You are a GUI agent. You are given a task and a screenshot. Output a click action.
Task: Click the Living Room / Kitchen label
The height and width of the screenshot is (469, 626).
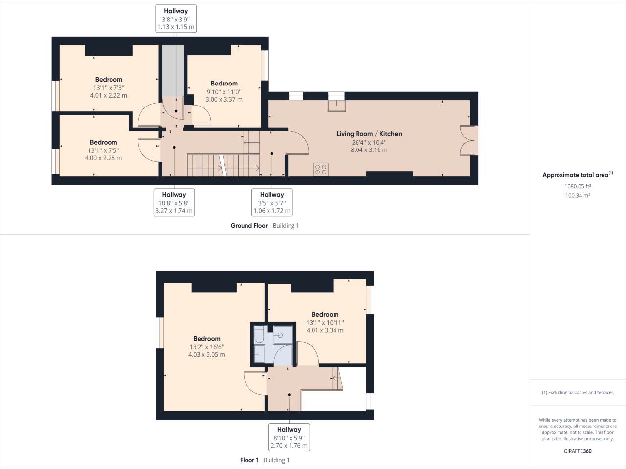369,134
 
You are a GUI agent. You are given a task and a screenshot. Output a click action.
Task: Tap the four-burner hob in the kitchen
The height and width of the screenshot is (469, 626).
321,169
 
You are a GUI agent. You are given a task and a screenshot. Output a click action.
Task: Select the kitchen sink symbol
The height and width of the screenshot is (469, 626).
336,103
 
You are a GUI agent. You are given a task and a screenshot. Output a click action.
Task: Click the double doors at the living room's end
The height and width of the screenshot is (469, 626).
467,141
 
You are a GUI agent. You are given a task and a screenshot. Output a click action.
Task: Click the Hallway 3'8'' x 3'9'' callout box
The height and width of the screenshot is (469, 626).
176,19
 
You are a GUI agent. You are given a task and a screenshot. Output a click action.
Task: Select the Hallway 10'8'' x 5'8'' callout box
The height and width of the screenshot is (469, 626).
174,203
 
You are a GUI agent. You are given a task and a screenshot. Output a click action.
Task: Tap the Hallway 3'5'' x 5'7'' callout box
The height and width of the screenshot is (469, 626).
271,203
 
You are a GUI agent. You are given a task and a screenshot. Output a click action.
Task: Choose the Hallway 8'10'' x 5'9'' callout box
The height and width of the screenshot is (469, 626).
289,437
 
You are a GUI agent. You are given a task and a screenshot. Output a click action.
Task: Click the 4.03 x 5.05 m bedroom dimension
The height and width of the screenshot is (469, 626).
206,355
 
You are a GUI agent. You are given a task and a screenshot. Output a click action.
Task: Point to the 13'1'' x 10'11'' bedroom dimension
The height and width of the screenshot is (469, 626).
325,322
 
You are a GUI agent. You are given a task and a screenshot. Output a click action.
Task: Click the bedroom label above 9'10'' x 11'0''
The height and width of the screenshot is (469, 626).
224,84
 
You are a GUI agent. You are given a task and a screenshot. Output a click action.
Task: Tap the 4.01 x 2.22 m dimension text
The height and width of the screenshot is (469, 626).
109,95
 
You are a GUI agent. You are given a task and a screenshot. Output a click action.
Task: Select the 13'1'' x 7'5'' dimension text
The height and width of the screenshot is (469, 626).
103,150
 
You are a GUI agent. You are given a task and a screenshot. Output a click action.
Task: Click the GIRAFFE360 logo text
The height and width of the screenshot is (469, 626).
578,451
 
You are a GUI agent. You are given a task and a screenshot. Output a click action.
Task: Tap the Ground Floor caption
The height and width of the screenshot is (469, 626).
249,226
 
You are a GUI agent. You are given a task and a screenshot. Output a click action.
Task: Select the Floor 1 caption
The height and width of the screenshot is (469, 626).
249,460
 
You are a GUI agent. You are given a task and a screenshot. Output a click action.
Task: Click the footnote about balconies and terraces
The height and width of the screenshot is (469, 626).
578,392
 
